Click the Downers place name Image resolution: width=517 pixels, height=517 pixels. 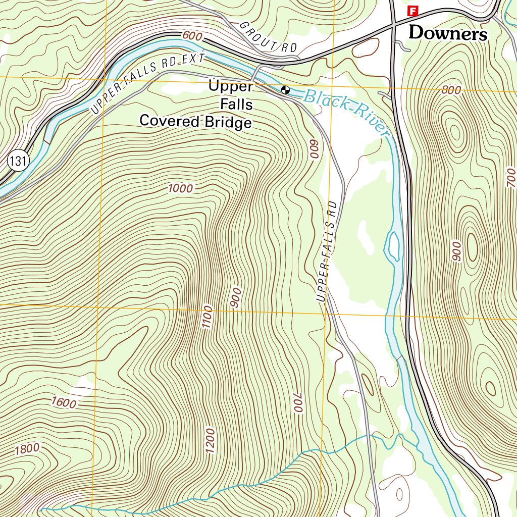448,33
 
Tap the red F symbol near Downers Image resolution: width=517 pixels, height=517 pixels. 413,10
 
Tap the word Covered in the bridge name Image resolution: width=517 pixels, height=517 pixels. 170,122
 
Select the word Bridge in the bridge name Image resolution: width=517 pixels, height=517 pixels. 227,122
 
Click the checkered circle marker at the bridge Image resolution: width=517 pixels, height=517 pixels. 285,90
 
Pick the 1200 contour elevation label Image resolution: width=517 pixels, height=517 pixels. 210,440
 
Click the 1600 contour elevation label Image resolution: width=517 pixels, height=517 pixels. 64,402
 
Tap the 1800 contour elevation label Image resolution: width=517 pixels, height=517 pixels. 26,448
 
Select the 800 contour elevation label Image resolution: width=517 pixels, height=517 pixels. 451,91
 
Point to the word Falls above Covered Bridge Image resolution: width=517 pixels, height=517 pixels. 237,105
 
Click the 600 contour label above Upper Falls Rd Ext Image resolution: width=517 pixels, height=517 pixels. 192,36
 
